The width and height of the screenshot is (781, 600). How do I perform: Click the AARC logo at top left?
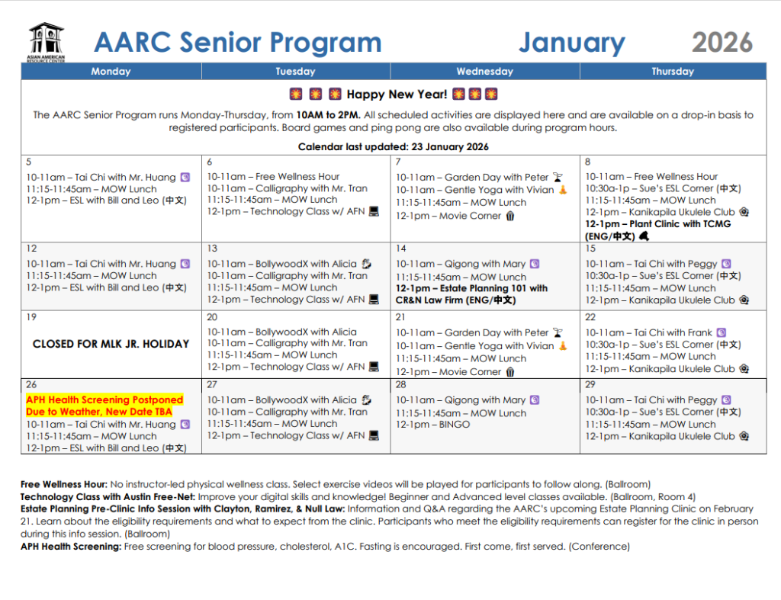[x=47, y=42]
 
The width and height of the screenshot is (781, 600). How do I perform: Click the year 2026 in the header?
[x=722, y=43]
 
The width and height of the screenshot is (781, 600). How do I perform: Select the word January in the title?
[x=571, y=43]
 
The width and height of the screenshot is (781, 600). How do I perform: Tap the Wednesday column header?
[x=484, y=72]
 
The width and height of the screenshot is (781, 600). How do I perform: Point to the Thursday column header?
[x=672, y=72]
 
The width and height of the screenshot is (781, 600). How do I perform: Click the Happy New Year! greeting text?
[x=397, y=95]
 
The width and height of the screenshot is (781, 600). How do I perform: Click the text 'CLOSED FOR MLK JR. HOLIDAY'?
[x=111, y=344]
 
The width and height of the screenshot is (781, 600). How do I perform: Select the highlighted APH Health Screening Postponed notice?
[x=104, y=406]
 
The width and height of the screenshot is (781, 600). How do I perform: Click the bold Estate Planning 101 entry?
[x=471, y=294]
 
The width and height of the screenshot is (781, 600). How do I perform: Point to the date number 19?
[x=31, y=317]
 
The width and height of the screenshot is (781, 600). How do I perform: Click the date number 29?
[x=591, y=385]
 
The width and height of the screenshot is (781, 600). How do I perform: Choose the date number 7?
[x=398, y=162]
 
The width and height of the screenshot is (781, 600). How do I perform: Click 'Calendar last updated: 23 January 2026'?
[x=393, y=146]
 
